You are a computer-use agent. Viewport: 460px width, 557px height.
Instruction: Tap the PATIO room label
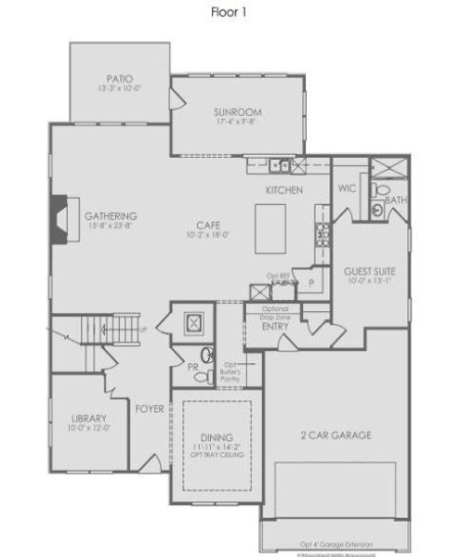pyautogui.click(x=118, y=79)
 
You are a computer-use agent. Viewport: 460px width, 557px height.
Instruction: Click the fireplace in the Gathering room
pyautogui.click(x=59, y=219)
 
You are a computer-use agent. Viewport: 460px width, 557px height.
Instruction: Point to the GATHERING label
pyautogui.click(x=111, y=215)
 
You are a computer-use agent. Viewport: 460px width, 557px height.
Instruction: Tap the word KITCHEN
pyautogui.click(x=283, y=189)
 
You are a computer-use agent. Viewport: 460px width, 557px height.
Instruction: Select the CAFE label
pyautogui.click(x=208, y=224)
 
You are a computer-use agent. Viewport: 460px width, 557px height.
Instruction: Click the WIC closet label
pyautogui.click(x=347, y=188)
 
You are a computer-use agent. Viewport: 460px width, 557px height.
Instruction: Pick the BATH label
pyautogui.click(x=394, y=201)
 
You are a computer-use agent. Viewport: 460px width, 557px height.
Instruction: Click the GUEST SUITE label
pyautogui.click(x=369, y=271)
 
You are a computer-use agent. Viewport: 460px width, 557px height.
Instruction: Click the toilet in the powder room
pyautogui.click(x=206, y=355)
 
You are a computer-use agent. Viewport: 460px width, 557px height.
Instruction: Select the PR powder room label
pyautogui.click(x=193, y=368)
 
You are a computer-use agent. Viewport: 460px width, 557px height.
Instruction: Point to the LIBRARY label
pyautogui.click(x=89, y=418)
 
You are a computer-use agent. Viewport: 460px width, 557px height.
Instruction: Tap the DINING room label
pyautogui.click(x=216, y=436)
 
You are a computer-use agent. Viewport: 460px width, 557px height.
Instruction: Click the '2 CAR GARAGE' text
pyautogui.click(x=336, y=434)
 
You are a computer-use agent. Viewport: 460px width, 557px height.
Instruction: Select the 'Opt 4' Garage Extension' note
pyautogui.click(x=336, y=544)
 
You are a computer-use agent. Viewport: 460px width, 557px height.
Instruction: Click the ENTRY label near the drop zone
pyautogui.click(x=275, y=326)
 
